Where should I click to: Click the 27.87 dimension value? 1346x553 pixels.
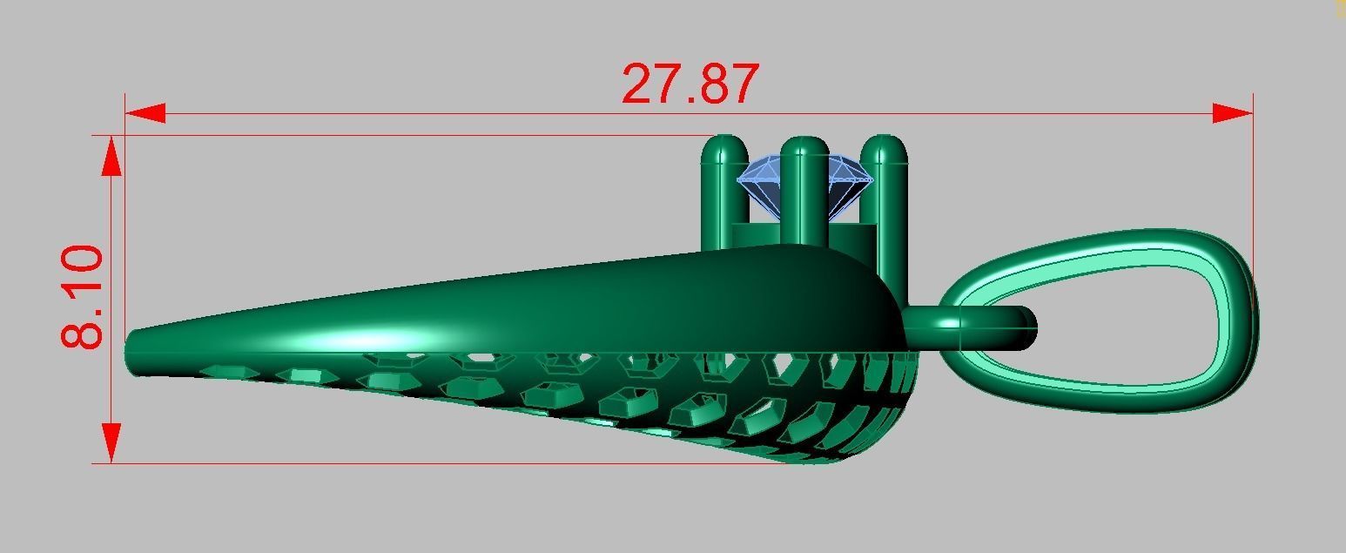point(690,84)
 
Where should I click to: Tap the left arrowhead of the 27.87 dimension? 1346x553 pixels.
point(145,113)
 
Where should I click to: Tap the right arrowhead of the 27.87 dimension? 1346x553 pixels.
point(1233,113)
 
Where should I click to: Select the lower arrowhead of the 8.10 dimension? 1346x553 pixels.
point(111,442)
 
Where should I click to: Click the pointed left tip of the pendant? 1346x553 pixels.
point(132,353)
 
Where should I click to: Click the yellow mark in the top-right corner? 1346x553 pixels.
point(1340,8)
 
